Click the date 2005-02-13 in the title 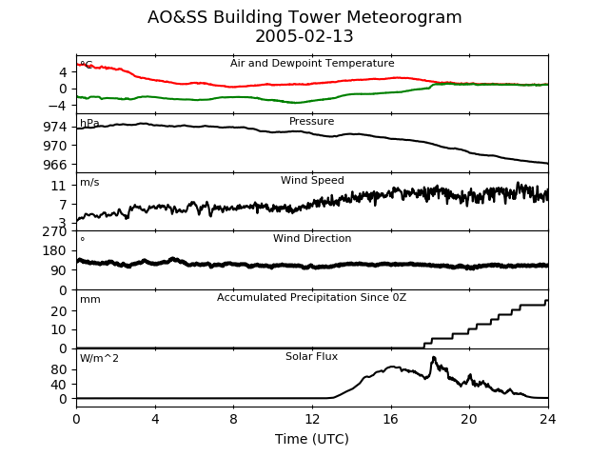304,36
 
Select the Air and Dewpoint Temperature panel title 312,64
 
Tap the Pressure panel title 311,121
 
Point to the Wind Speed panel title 312,180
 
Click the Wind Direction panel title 312,238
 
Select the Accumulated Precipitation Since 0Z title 311,297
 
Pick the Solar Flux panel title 311,356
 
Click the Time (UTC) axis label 312,439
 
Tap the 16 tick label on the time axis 391,419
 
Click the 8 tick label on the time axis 233,419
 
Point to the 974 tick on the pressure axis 55,127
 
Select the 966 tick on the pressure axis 55,165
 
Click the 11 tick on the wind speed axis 59,187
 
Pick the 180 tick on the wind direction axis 55,251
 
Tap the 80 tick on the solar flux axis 59,369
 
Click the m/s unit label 89,182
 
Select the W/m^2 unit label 99,358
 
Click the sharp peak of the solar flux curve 434,357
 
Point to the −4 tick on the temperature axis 57,106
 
